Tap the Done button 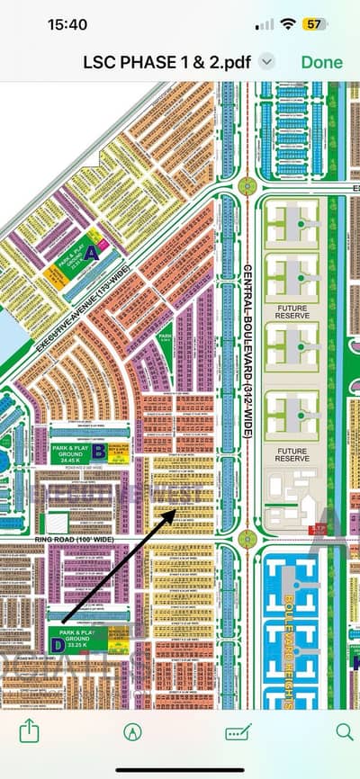pos(322,61)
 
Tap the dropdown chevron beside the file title pos(266,61)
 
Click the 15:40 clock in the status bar pos(42,24)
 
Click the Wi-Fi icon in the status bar pos(288,24)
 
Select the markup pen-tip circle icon pos(133,730)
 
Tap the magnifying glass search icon pos(345,730)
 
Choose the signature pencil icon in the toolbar pos(238,730)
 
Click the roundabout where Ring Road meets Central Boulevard pos(247,539)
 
